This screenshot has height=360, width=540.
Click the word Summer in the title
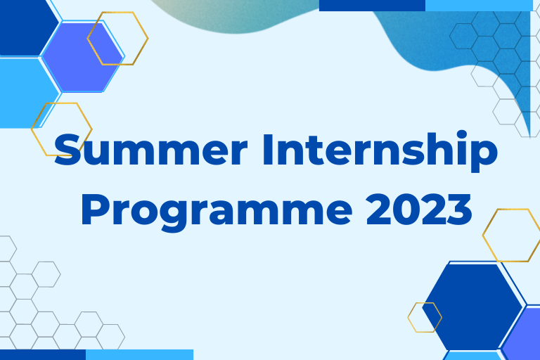point(151,150)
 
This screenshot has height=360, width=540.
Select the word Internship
point(380,151)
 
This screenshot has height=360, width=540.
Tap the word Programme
point(217,210)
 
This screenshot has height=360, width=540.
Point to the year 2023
point(419,209)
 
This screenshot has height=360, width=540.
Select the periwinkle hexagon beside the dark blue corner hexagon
point(83,57)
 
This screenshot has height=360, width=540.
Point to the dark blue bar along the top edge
point(372,6)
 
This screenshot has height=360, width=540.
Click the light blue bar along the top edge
point(479,6)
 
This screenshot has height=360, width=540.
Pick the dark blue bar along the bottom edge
point(43,355)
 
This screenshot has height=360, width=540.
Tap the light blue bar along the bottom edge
point(139,355)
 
